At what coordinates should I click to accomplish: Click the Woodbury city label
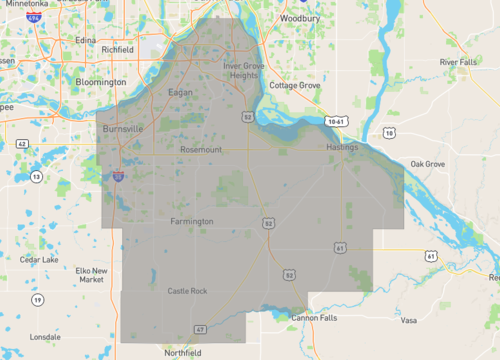coord(299,18)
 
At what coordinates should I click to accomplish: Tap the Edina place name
coord(84,40)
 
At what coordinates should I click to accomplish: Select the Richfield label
coord(117,49)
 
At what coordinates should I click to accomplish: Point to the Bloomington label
coord(101,82)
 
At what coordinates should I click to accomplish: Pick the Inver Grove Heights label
coord(246,70)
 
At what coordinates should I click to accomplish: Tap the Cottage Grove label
coord(294,86)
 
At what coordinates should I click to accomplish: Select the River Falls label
coord(459,62)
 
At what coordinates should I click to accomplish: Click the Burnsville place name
coord(124,129)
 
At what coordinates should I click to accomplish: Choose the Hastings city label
coord(341,147)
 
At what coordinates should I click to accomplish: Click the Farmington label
coord(192,220)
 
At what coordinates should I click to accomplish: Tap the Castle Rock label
coord(186,290)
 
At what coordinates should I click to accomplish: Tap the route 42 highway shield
coord(21,144)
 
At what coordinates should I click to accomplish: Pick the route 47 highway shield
coord(200,328)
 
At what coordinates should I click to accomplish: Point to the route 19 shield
coord(36,299)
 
